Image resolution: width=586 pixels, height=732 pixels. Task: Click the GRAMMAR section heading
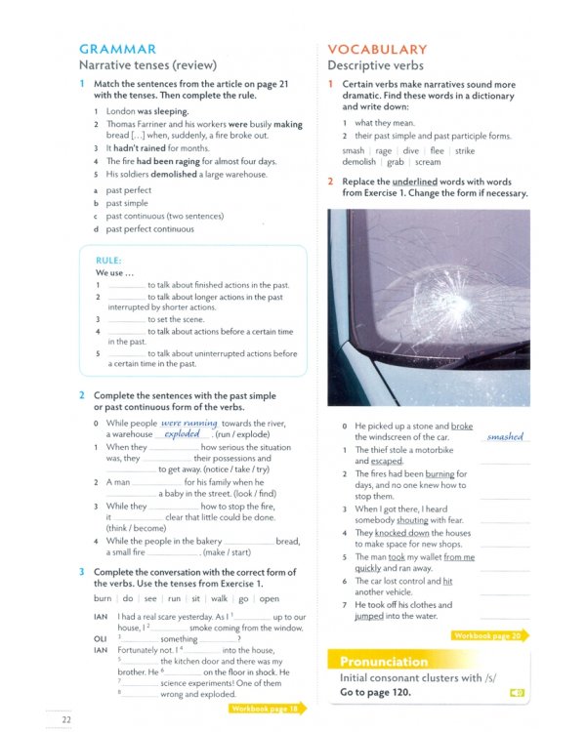(x=117, y=49)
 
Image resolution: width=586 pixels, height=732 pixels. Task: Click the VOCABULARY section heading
(x=377, y=49)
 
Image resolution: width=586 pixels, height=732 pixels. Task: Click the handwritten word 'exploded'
(x=182, y=434)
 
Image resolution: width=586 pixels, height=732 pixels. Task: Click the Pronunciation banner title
(x=384, y=661)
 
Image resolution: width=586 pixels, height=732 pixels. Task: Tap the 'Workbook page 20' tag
(x=488, y=635)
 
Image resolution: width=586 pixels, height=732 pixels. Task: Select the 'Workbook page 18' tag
(x=265, y=708)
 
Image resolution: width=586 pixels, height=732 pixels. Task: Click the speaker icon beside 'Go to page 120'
(x=516, y=693)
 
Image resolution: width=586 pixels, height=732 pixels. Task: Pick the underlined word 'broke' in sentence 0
(x=462, y=427)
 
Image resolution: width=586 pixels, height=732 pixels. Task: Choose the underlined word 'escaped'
(x=387, y=462)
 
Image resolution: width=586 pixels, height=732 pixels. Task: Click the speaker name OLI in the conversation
(x=100, y=639)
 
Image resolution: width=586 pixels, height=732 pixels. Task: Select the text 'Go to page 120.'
(x=375, y=692)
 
